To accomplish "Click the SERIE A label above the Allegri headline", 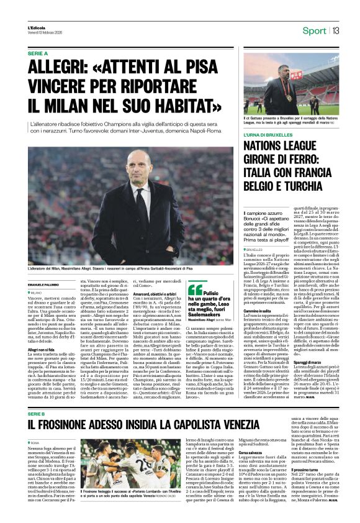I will coord(38,54).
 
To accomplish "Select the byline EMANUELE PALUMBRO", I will coord(46,284).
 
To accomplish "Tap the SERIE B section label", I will coord(37,378).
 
